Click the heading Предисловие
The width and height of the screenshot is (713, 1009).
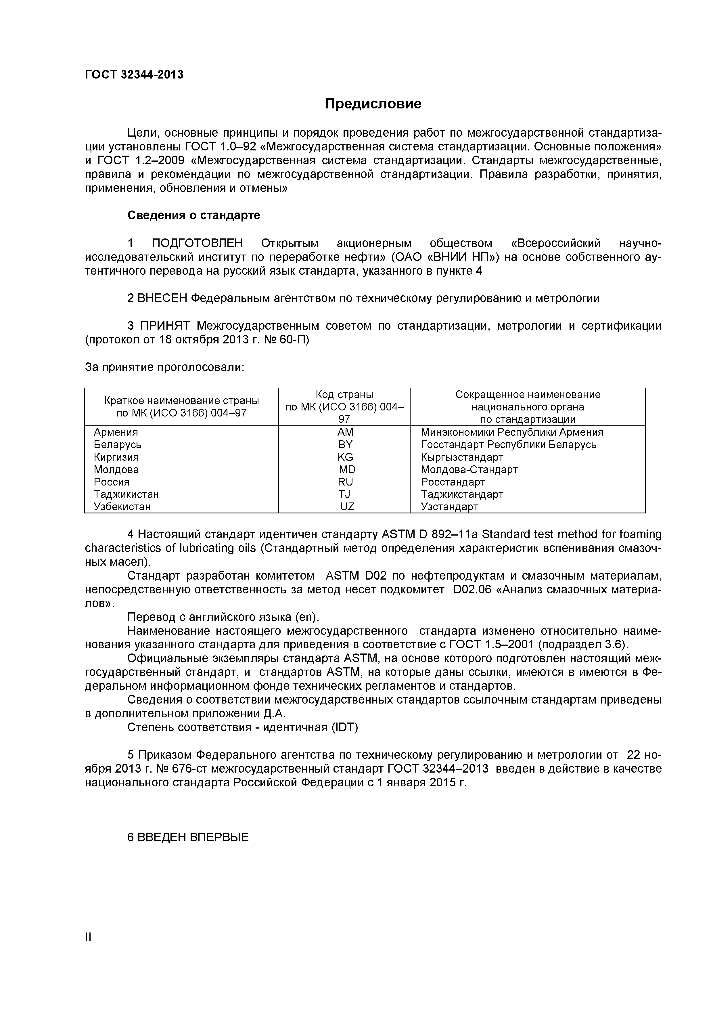(373, 104)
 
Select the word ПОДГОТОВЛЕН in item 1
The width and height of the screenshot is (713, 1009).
(197, 243)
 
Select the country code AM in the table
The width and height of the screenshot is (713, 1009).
(345, 432)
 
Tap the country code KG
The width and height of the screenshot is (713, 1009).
(345, 457)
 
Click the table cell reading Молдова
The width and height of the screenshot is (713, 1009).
(116, 469)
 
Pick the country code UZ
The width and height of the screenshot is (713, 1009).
(347, 507)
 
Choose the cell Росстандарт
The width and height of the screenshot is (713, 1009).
(453, 482)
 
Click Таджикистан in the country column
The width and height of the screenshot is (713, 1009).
(126, 494)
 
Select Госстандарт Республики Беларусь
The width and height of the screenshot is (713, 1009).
(508, 444)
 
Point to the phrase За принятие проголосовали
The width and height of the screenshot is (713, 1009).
(164, 367)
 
